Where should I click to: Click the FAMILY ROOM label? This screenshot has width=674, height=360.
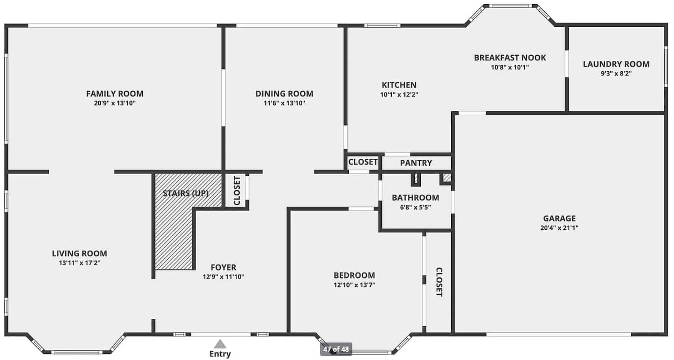tap(115, 94)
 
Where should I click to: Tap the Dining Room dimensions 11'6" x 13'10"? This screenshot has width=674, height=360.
tap(285, 103)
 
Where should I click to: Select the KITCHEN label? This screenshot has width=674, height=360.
tap(399, 85)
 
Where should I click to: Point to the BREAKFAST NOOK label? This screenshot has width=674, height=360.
tap(510, 58)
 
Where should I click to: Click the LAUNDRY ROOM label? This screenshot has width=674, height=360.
tap(616, 64)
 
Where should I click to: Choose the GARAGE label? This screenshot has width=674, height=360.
tap(559, 218)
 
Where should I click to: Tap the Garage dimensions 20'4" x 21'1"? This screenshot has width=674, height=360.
tap(559, 228)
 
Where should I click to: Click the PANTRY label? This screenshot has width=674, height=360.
tap(416, 163)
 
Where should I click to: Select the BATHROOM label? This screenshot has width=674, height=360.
tap(415, 198)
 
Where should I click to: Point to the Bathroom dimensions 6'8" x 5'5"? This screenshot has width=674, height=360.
tap(415, 207)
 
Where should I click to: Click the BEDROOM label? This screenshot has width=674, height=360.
tap(354, 275)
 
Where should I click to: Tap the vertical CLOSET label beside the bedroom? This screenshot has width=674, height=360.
tap(439, 282)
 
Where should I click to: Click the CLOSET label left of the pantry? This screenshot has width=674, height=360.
tap(363, 162)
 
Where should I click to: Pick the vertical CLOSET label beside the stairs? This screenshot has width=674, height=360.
tap(237, 191)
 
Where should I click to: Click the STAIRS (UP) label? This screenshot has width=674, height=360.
tap(186, 193)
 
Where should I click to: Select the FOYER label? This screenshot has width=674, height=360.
tap(223, 267)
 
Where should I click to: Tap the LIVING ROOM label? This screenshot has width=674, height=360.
tap(80, 253)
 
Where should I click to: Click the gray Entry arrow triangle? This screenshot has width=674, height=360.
tap(220, 345)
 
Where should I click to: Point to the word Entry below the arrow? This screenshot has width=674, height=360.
tap(220, 354)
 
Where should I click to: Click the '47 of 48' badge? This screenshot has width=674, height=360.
tap(336, 349)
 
